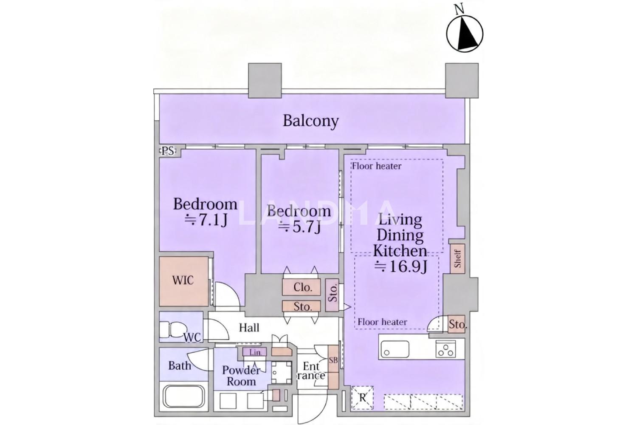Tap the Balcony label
coord(310,121)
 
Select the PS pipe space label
coord(168,151)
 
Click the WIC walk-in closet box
coord(184,281)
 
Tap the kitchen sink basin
coord(395,349)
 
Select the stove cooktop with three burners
coord(445,349)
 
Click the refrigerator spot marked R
coord(362,398)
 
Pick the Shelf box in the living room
coord(457,258)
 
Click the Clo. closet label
coord(303,287)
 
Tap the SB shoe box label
coord(333,360)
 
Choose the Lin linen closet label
coord(255,352)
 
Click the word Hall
coord(249,328)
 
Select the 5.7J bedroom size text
coord(299,227)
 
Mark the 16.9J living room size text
coord(401,266)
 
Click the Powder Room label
coord(241,376)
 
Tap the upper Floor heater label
coord(377,166)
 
